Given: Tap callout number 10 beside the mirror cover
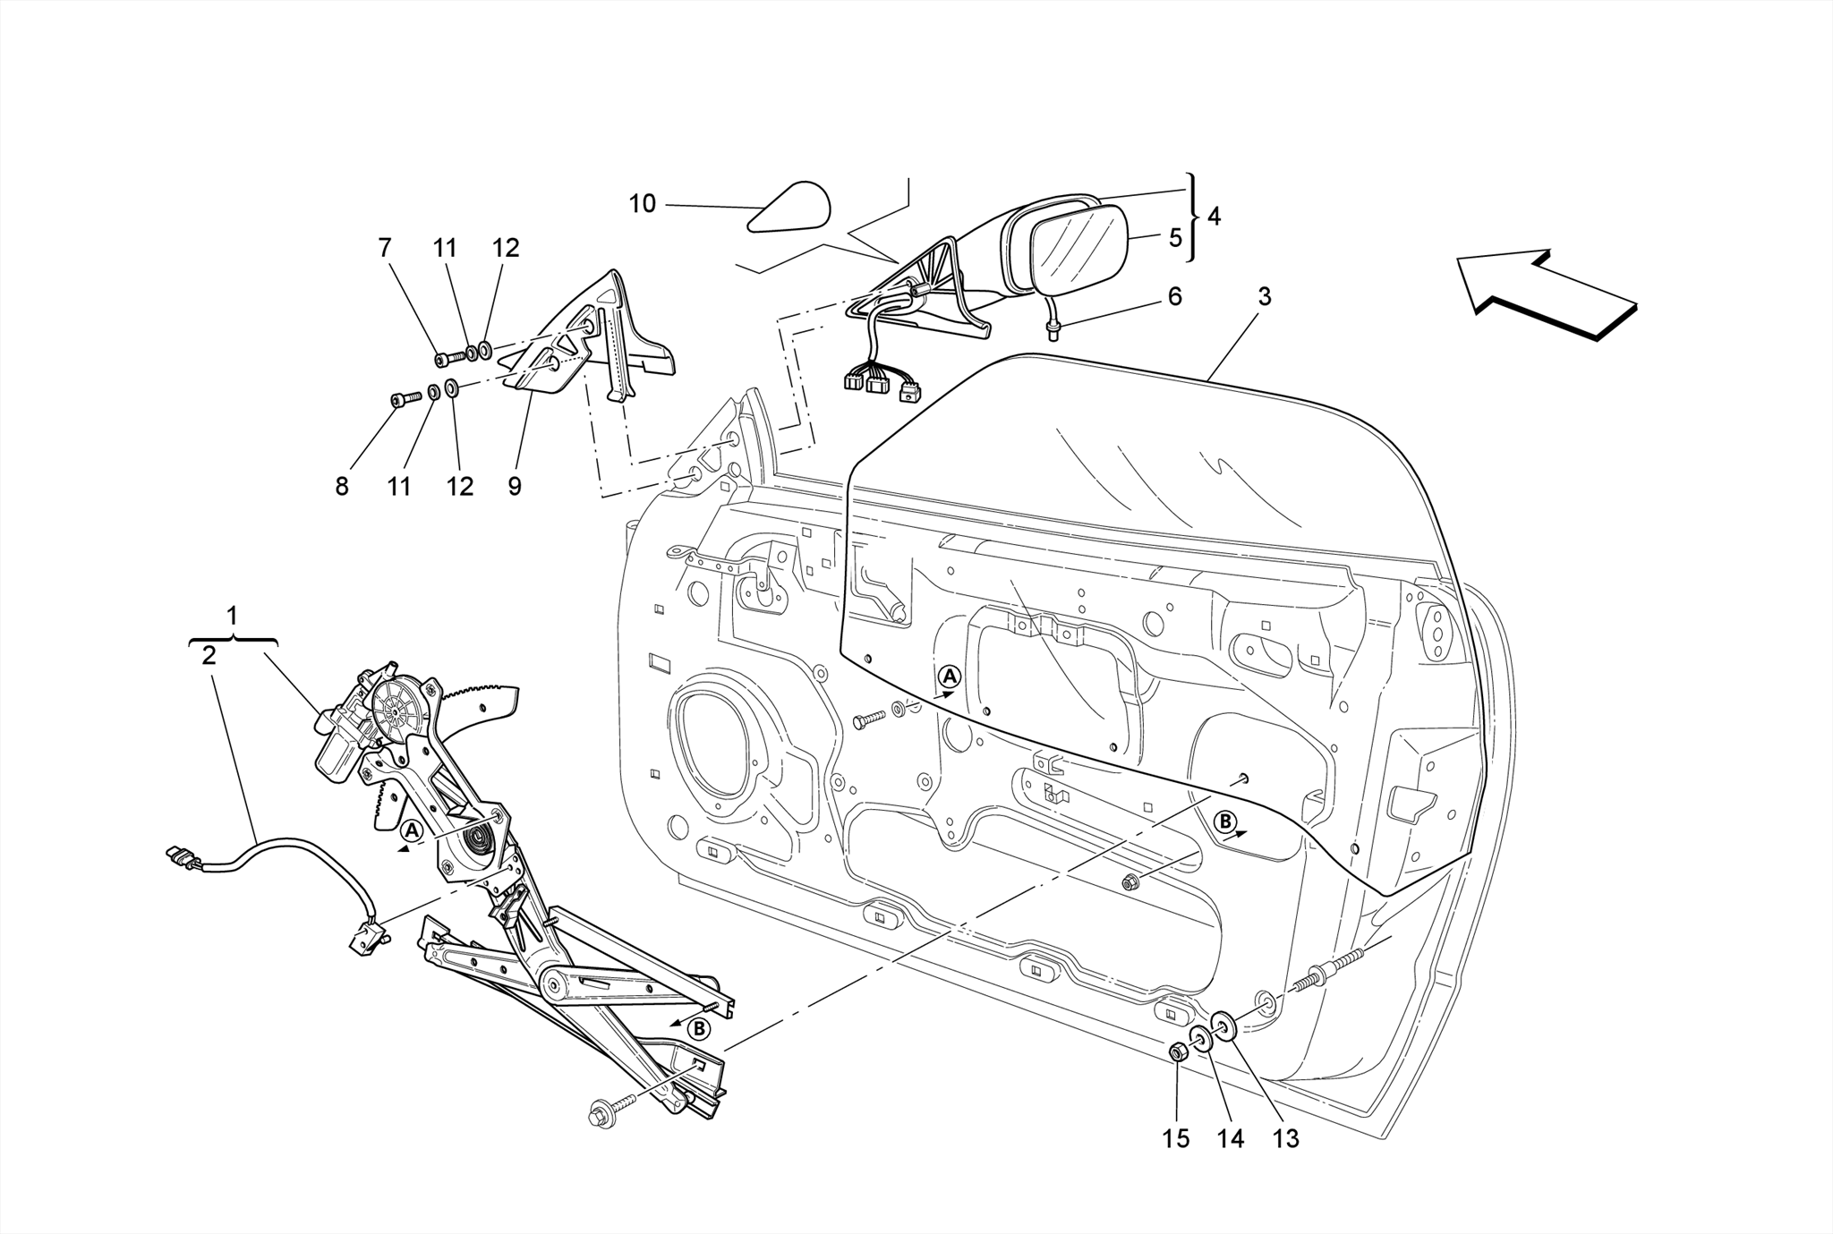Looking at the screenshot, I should pyautogui.click(x=642, y=204).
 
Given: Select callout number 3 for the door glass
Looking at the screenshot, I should pyautogui.click(x=1263, y=296).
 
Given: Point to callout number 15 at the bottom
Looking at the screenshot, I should pyautogui.click(x=1176, y=1138).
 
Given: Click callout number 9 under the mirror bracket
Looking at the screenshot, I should pyautogui.click(x=514, y=486).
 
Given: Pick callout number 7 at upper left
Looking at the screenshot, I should pyautogui.click(x=385, y=248).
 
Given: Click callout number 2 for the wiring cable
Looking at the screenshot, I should pyautogui.click(x=209, y=655).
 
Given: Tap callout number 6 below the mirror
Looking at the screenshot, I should pyautogui.click(x=1174, y=296).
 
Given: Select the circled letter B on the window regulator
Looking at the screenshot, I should pyautogui.click(x=699, y=1029).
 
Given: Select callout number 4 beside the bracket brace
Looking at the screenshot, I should pyautogui.click(x=1213, y=217).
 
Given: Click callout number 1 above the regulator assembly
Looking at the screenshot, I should pyautogui.click(x=232, y=617).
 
